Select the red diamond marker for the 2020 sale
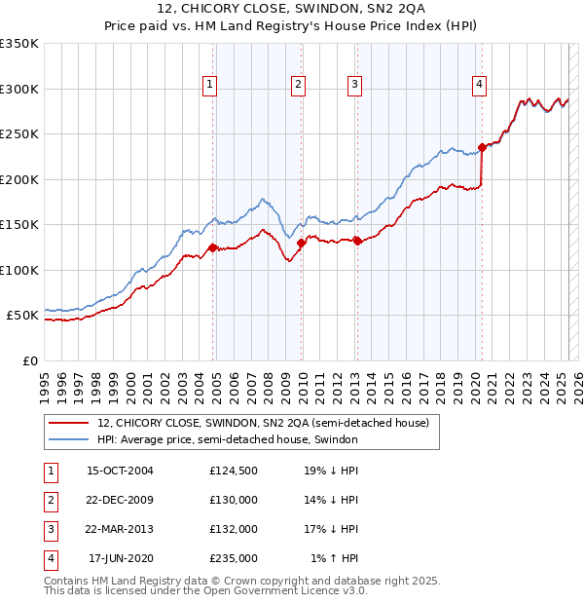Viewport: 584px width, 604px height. [482, 148]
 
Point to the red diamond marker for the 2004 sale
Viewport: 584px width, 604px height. [212, 248]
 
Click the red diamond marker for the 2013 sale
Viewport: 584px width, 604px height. [357, 241]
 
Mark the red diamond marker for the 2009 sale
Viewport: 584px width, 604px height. [301, 244]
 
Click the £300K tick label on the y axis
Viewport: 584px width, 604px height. [19, 89]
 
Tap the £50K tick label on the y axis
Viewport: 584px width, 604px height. [22, 316]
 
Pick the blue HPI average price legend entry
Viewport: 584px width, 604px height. [228, 439]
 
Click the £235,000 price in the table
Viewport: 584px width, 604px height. [234, 558]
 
